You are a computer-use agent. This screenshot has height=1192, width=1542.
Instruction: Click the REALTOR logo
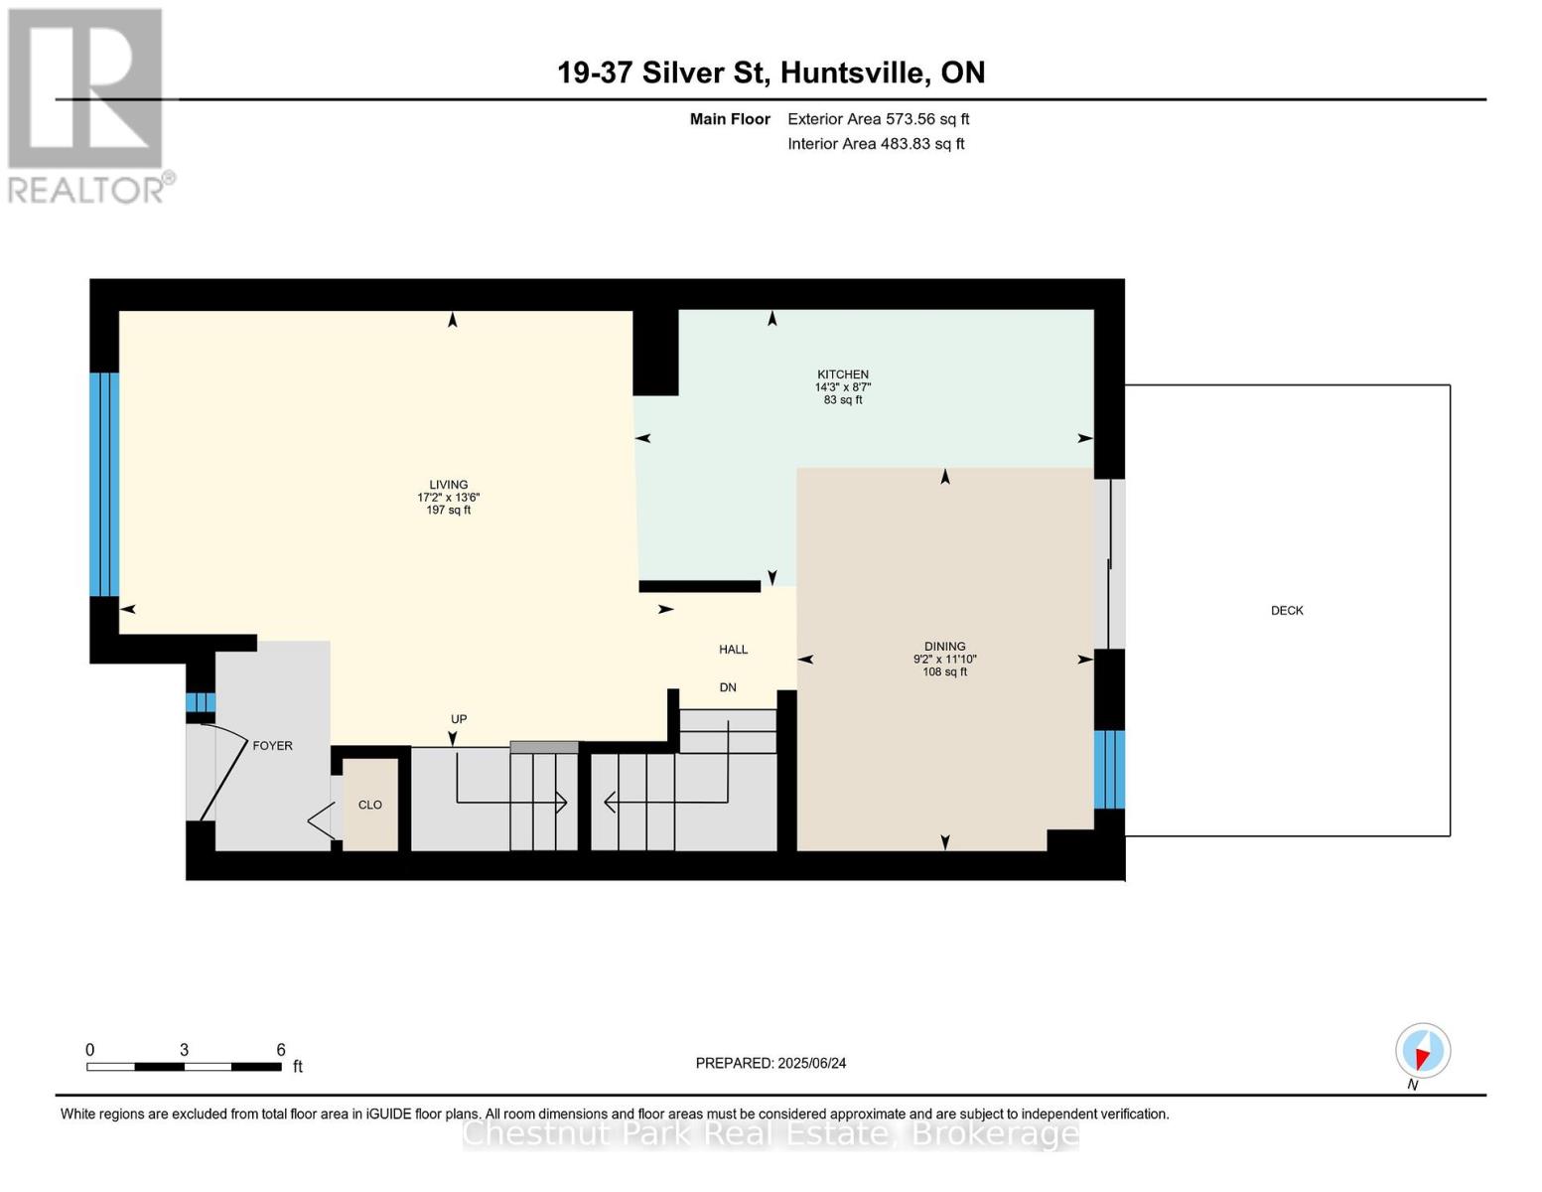point(88,106)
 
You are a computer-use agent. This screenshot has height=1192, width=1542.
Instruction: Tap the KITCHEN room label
point(842,374)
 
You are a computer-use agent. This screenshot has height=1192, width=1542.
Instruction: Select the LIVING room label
point(449,485)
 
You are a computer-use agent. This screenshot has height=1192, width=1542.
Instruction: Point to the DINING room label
point(944,646)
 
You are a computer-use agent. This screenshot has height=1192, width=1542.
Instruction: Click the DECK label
point(1287,611)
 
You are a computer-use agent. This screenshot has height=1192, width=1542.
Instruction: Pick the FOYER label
point(272,745)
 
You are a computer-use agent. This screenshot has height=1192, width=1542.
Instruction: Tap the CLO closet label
point(369,805)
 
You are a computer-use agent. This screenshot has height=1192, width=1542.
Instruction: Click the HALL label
point(733,650)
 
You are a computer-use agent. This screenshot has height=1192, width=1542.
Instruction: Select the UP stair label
point(459,719)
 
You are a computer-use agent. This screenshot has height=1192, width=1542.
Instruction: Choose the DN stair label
point(728,687)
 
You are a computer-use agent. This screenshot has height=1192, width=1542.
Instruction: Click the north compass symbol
point(1422,1051)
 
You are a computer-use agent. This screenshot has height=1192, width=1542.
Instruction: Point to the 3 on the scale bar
point(184,1050)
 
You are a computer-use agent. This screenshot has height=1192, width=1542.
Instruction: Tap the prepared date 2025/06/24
point(812,1064)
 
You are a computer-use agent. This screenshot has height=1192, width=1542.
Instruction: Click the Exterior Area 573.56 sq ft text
point(878,119)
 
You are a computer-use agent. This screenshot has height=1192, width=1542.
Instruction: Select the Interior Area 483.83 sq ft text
point(876,144)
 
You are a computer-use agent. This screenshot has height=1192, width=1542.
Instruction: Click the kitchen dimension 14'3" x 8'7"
point(842,387)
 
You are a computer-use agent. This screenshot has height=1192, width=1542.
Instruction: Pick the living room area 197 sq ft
point(449,511)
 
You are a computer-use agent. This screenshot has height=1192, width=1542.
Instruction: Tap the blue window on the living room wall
point(103,484)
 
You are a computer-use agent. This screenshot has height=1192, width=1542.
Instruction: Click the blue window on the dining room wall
point(1109,770)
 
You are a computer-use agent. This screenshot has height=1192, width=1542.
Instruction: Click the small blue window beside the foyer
point(201,703)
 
